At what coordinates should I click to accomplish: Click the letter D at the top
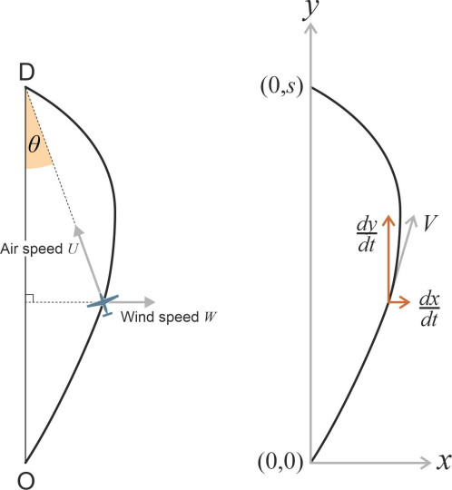click(x=26, y=73)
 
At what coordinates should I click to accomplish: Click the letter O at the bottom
click(x=26, y=480)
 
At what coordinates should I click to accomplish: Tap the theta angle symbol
click(x=34, y=144)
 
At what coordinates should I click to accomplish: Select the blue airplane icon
click(x=103, y=304)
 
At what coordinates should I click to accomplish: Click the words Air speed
click(x=32, y=249)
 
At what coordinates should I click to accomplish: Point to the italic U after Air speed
click(x=73, y=249)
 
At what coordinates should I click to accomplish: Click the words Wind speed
click(x=160, y=317)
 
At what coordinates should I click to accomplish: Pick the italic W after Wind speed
click(x=210, y=318)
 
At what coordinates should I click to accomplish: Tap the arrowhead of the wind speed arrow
click(x=151, y=302)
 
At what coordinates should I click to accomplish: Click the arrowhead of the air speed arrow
click(x=78, y=230)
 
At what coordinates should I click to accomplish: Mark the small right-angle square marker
click(x=30, y=299)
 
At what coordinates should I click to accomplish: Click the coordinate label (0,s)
click(x=281, y=87)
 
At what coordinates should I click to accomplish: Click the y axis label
click(x=311, y=9)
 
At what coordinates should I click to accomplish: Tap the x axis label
click(x=444, y=462)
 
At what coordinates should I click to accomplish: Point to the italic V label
click(x=430, y=223)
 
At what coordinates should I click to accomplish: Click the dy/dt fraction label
click(x=367, y=235)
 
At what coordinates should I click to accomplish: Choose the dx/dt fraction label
click(x=429, y=309)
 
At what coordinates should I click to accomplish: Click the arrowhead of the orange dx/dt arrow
click(x=405, y=302)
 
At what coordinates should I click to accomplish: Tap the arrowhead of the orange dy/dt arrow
click(x=388, y=220)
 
